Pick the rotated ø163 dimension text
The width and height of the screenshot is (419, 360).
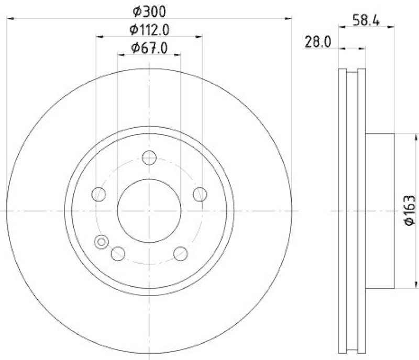click(409, 211)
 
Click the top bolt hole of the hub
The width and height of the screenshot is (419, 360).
click(149, 157)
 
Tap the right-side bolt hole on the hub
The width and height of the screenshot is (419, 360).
click(200, 194)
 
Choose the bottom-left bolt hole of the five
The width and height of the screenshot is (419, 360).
click(118, 254)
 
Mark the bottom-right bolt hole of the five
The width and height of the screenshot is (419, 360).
click(180, 254)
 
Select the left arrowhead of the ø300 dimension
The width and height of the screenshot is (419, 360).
click(10, 19)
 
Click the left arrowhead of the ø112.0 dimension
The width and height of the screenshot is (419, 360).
click(99, 37)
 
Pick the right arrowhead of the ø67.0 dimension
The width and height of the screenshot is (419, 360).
click(178, 54)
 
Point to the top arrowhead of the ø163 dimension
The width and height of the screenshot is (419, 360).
click(400, 138)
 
